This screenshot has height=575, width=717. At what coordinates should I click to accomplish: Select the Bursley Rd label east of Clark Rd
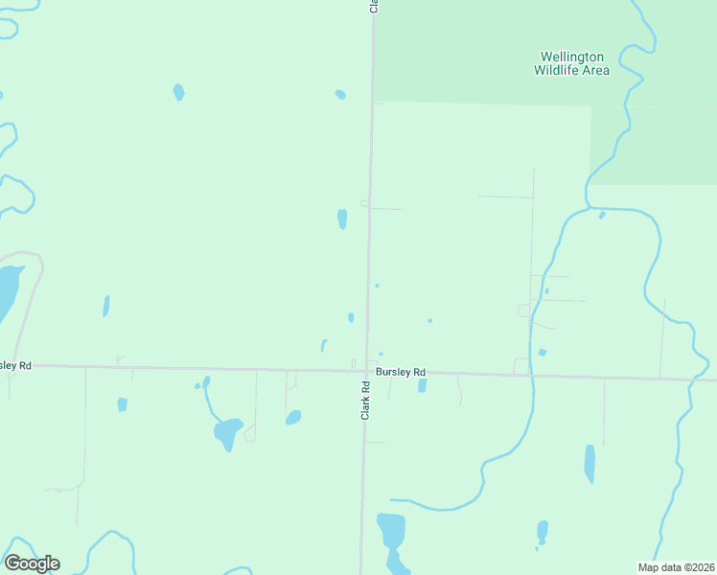click(401, 372)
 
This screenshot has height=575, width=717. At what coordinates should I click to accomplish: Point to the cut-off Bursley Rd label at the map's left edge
click(15, 365)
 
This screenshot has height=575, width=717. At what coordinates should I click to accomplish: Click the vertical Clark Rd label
click(365, 399)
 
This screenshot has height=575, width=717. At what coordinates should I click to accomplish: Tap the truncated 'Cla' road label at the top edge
click(374, 6)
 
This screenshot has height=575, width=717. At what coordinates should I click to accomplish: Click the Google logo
click(32, 563)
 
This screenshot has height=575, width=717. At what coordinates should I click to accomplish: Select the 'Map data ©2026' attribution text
click(677, 567)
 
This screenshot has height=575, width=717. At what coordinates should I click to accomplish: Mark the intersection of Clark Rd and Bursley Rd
click(364, 369)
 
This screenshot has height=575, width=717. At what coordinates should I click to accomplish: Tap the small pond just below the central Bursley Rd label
click(422, 386)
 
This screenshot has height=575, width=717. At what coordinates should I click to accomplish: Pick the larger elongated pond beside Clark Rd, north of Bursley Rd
click(342, 219)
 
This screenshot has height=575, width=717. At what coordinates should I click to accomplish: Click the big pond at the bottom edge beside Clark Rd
click(391, 530)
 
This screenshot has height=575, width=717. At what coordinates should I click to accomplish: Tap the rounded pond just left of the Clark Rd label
click(293, 418)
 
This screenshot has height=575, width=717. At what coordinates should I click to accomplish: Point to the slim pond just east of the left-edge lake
click(105, 306)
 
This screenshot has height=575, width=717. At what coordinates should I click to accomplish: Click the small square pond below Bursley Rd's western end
click(122, 404)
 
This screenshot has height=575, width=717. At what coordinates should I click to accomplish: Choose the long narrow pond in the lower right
click(590, 464)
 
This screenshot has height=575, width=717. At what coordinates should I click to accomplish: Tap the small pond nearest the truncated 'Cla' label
click(340, 94)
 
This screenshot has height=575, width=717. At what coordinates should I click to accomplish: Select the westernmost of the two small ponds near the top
click(178, 92)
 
